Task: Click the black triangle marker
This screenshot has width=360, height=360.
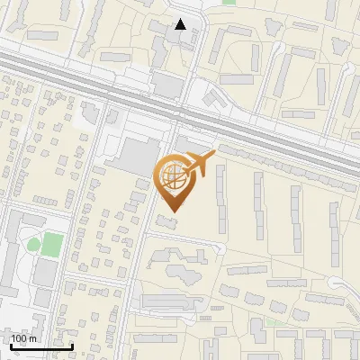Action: coord(182,24)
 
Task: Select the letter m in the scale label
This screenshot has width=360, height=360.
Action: coord(34,338)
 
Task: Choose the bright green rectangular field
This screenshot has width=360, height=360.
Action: coord(53,244)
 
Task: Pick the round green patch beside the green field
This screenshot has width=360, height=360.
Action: coord(33,243)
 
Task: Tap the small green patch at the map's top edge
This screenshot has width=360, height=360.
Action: coord(229,3)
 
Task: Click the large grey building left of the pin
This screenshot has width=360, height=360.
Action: coord(135,156)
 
